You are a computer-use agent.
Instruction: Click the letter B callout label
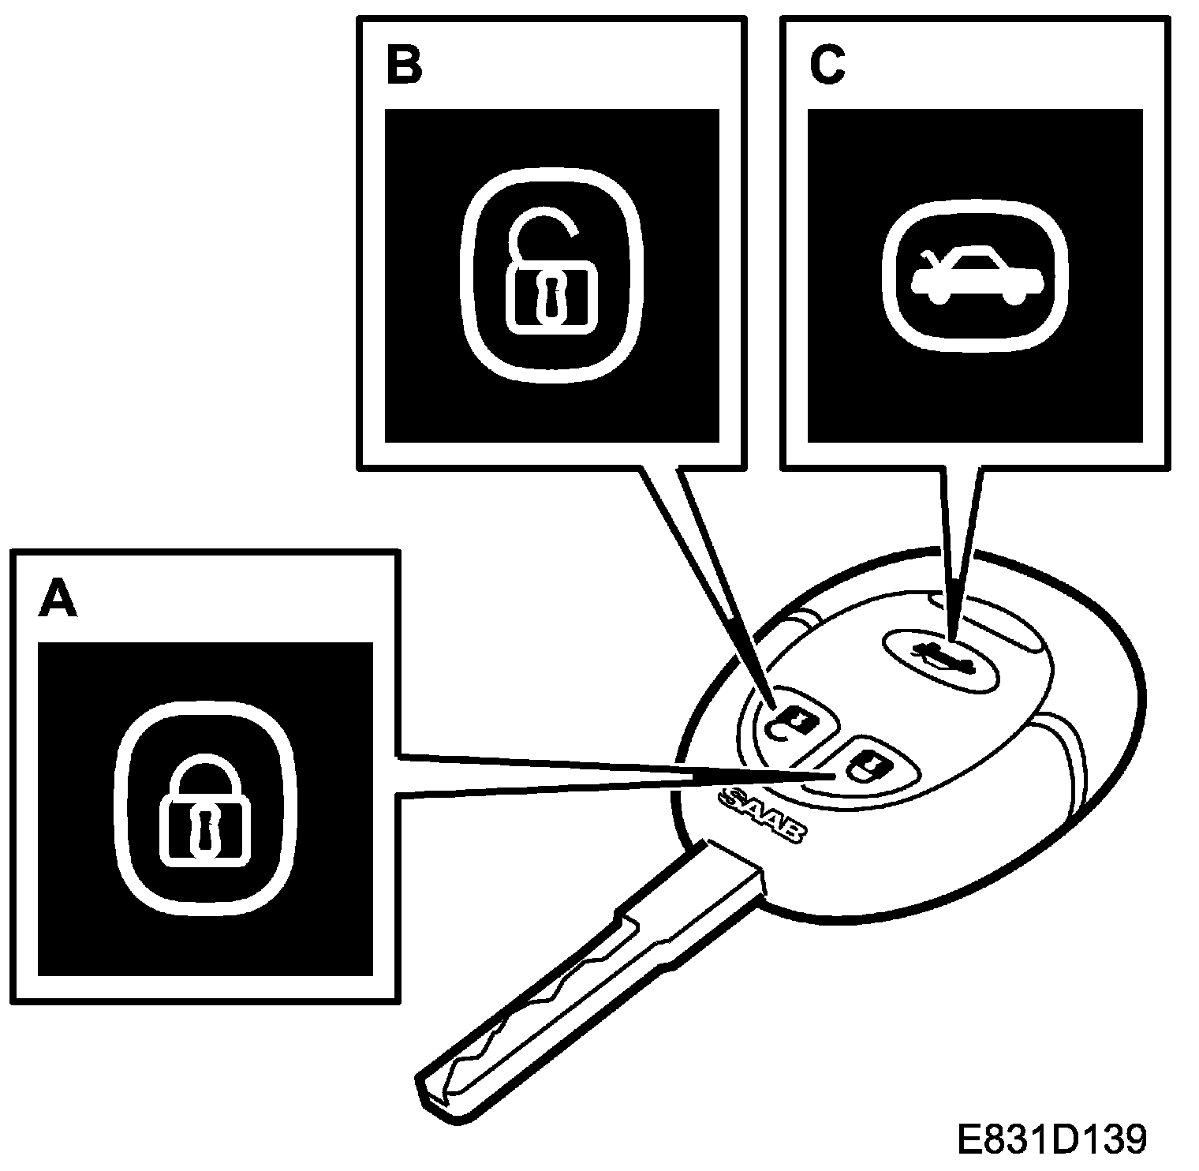tap(404, 66)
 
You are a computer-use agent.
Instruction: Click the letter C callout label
tap(827, 66)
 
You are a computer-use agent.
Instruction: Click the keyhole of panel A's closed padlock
tap(205, 831)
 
